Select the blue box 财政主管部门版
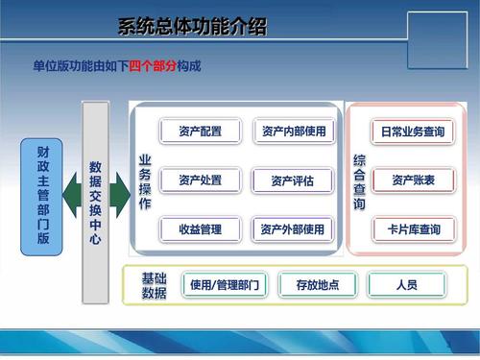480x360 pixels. (x=41, y=196)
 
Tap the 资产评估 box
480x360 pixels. (x=293, y=180)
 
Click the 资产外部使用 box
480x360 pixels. (x=293, y=229)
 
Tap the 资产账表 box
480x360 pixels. (x=412, y=180)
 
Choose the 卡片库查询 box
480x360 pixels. (x=412, y=229)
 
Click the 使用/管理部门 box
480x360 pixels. (x=224, y=284)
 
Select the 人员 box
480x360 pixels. (x=404, y=284)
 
